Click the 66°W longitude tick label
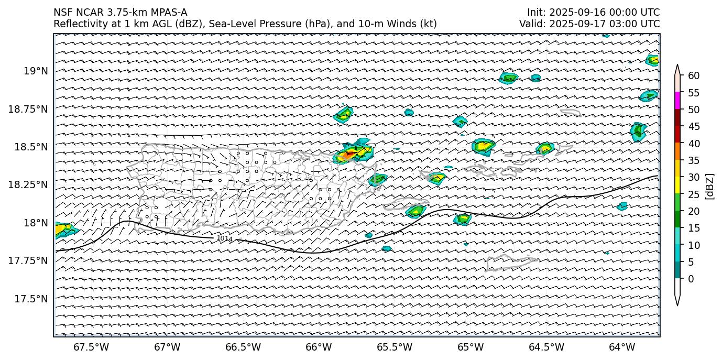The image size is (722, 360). click(x=319, y=347)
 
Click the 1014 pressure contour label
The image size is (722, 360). click(x=224, y=239)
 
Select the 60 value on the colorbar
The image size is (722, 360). click(x=694, y=76)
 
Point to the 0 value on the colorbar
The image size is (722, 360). click(x=691, y=279)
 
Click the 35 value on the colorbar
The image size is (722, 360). click(x=694, y=160)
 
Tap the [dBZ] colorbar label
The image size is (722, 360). click(x=710, y=186)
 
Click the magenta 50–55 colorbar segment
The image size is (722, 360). click(x=677, y=101)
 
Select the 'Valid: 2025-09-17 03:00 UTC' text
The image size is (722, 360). click(x=589, y=24)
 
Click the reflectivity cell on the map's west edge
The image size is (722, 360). click(x=63, y=229)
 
